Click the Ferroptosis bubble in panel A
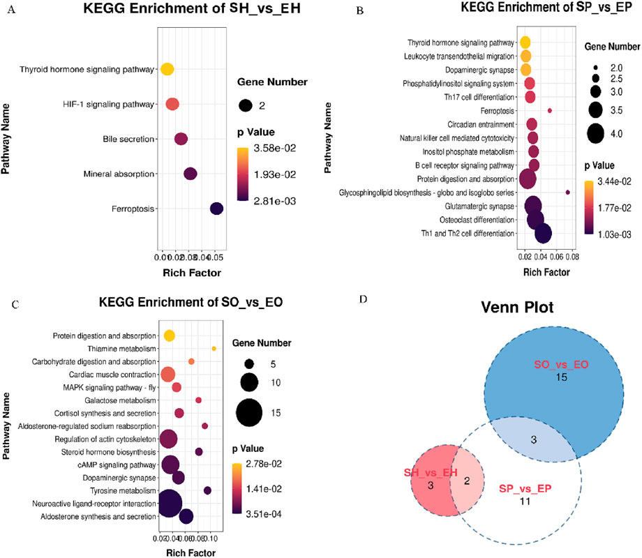[216, 208]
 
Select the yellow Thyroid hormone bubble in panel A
[167, 69]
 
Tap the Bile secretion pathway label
[128, 139]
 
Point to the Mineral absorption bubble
[190, 174]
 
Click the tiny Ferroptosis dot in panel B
[550, 110]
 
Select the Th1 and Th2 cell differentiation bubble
[542, 234]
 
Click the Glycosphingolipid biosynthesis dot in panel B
[568, 192]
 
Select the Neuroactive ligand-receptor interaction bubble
[168, 502]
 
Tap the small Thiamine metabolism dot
[214, 348]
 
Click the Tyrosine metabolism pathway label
[120, 490]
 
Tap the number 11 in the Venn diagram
[527, 500]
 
